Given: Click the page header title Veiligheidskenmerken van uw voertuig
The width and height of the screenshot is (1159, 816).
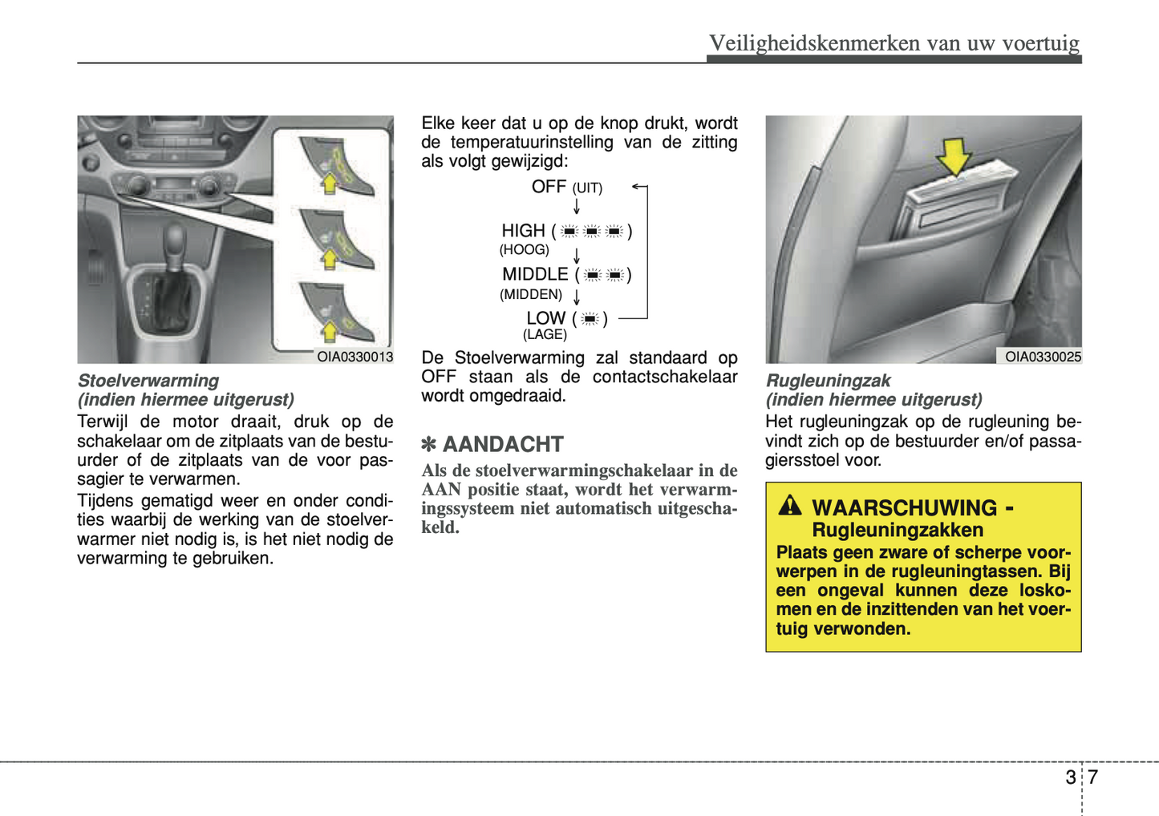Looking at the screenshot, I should [894, 42].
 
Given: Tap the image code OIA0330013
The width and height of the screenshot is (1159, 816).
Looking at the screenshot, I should [355, 357].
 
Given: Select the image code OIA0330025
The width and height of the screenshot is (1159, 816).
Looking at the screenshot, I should [1043, 357].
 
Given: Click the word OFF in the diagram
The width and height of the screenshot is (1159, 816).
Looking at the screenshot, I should [549, 187].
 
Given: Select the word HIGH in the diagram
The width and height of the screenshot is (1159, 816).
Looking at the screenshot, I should [523, 231].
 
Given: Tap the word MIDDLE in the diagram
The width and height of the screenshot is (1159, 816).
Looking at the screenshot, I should [535, 274].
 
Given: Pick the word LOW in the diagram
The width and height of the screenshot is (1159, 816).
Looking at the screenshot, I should [545, 318].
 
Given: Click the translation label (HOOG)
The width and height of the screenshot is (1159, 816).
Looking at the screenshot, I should [524, 250].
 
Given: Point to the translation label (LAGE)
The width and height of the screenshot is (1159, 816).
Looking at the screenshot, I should [545, 335].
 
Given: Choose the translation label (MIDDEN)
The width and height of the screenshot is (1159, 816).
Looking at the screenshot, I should [531, 294].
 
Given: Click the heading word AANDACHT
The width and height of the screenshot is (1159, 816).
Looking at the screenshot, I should [503, 444].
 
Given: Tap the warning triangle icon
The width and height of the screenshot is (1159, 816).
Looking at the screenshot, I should [790, 505].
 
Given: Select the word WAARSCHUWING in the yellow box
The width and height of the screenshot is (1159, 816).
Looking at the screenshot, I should [904, 508].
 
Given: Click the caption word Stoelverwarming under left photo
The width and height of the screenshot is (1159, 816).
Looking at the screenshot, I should [148, 381].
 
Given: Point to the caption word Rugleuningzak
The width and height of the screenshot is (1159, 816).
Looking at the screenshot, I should [828, 381].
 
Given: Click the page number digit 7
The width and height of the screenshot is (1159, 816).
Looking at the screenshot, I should [1092, 777].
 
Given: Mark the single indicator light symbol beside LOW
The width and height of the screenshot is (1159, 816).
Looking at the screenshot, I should [590, 319].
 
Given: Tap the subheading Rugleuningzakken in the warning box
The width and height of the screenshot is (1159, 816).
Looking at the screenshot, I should [898, 530].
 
